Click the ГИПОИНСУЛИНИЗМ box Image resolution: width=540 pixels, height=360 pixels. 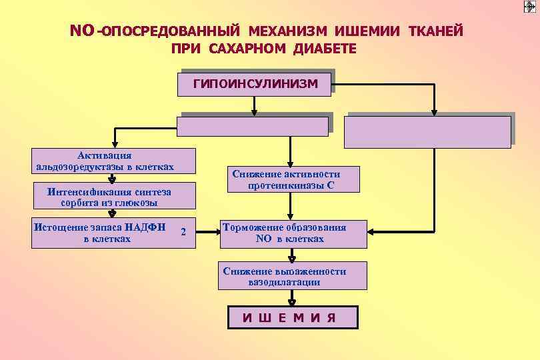point(255,84)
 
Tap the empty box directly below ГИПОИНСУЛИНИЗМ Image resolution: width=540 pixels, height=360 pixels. point(253,126)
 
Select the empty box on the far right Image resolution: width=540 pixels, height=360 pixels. point(427,131)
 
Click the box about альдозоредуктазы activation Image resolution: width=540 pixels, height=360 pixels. point(106,161)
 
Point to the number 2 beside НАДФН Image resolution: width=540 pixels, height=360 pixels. point(183,232)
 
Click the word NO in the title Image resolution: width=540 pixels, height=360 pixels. point(83,31)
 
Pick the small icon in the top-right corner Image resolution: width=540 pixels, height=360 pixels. point(529,7)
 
